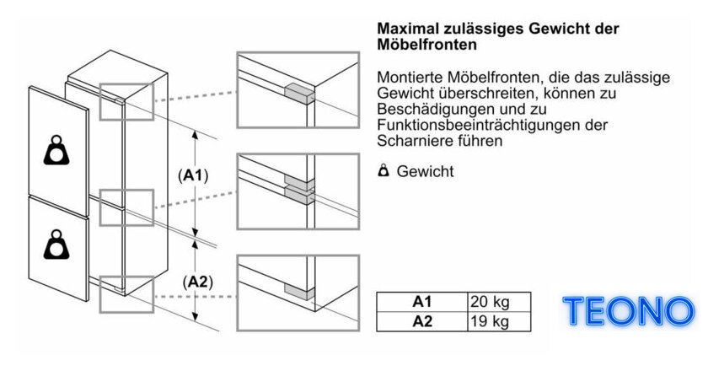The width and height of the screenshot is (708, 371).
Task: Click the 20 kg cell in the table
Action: [x=499, y=302]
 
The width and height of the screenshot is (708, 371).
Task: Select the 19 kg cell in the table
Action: [x=499, y=322]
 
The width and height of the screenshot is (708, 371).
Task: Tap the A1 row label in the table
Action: [x=422, y=302]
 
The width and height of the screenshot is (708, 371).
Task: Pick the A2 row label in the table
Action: [x=422, y=322]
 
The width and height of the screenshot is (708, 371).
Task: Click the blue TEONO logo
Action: [x=629, y=311]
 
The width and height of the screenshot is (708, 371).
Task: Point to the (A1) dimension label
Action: [x=193, y=175]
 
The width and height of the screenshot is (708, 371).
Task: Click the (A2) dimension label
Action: [x=198, y=282]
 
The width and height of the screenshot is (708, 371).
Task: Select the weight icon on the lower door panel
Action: [x=56, y=245]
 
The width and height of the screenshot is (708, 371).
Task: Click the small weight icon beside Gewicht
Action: [x=383, y=171]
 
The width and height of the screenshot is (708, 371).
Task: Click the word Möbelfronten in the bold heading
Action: [x=426, y=45]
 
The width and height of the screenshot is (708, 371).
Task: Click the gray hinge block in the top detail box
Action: [x=299, y=94]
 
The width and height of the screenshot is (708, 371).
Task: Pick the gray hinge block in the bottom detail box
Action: [x=299, y=292]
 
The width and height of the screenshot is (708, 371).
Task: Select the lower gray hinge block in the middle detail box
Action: [x=299, y=196]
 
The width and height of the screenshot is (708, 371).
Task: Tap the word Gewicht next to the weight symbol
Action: [x=425, y=171]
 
